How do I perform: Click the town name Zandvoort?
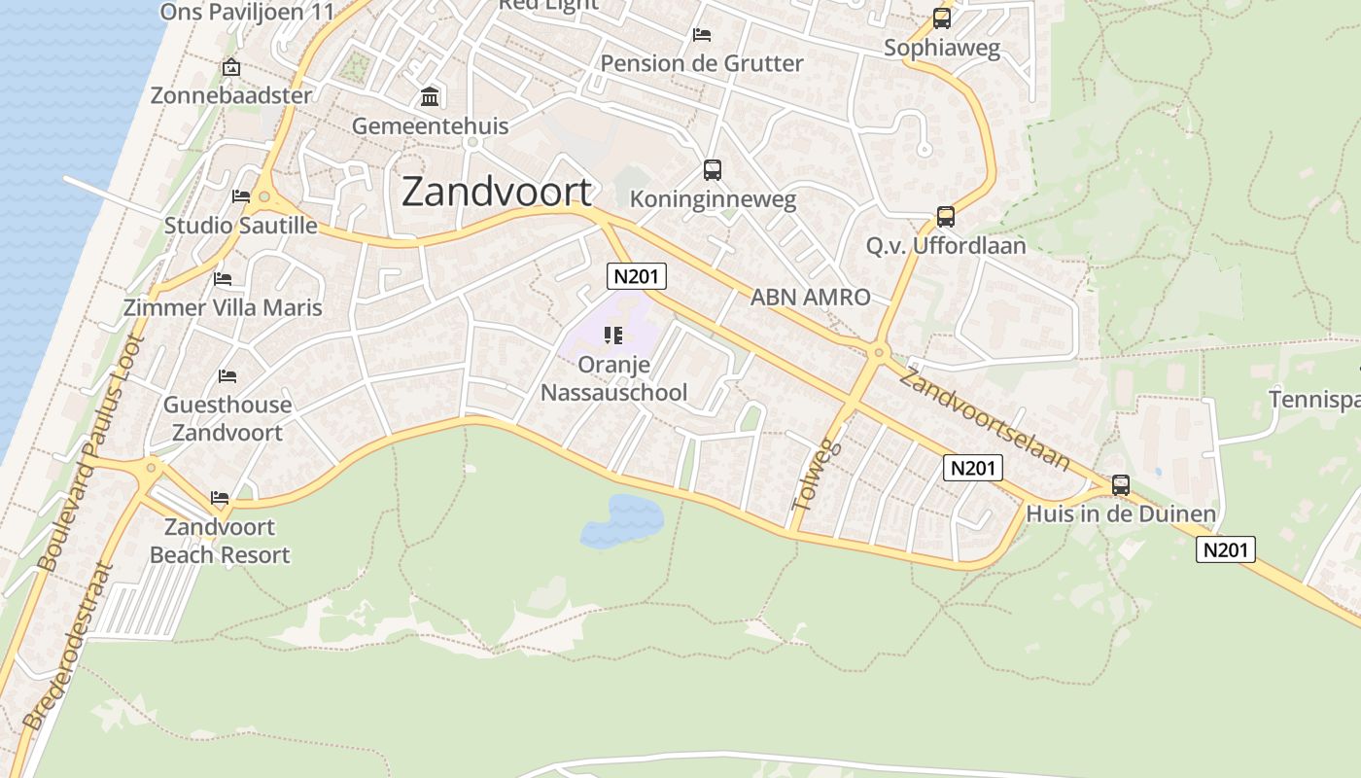click(496, 193)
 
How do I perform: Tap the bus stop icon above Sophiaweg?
click(941, 18)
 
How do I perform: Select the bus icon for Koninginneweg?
click(713, 170)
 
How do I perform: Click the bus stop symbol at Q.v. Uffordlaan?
click(945, 217)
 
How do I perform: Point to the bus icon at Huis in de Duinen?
click(1120, 485)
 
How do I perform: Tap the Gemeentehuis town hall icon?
click(430, 97)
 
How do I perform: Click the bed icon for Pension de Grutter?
click(702, 35)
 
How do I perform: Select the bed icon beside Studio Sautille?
click(241, 196)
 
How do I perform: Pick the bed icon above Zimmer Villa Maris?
click(223, 279)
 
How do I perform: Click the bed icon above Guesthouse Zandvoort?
click(227, 375)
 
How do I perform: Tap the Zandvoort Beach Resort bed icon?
click(220, 498)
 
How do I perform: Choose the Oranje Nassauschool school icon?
click(612, 336)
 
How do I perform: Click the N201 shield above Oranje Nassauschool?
click(637, 276)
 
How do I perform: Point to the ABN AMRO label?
click(810, 298)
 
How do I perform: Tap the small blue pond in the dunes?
click(622, 520)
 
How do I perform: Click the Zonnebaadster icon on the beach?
click(230, 68)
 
